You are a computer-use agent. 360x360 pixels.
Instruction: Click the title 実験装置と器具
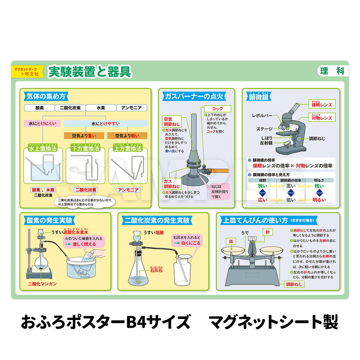[90, 72]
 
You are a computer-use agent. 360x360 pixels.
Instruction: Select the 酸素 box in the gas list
[39, 108]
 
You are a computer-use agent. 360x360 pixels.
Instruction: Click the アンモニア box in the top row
[131, 108]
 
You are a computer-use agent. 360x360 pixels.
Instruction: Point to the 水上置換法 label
[43, 148]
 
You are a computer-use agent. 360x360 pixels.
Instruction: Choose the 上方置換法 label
[127, 148]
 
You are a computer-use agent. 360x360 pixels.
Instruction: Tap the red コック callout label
[217, 108]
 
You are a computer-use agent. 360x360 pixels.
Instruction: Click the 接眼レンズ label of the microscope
[321, 105]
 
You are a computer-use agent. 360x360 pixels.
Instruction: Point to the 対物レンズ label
[321, 118]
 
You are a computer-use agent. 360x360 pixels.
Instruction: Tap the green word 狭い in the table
[262, 186]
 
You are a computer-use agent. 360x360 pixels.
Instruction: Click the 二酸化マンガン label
[43, 284]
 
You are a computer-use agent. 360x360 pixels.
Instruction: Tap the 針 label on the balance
[267, 231]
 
